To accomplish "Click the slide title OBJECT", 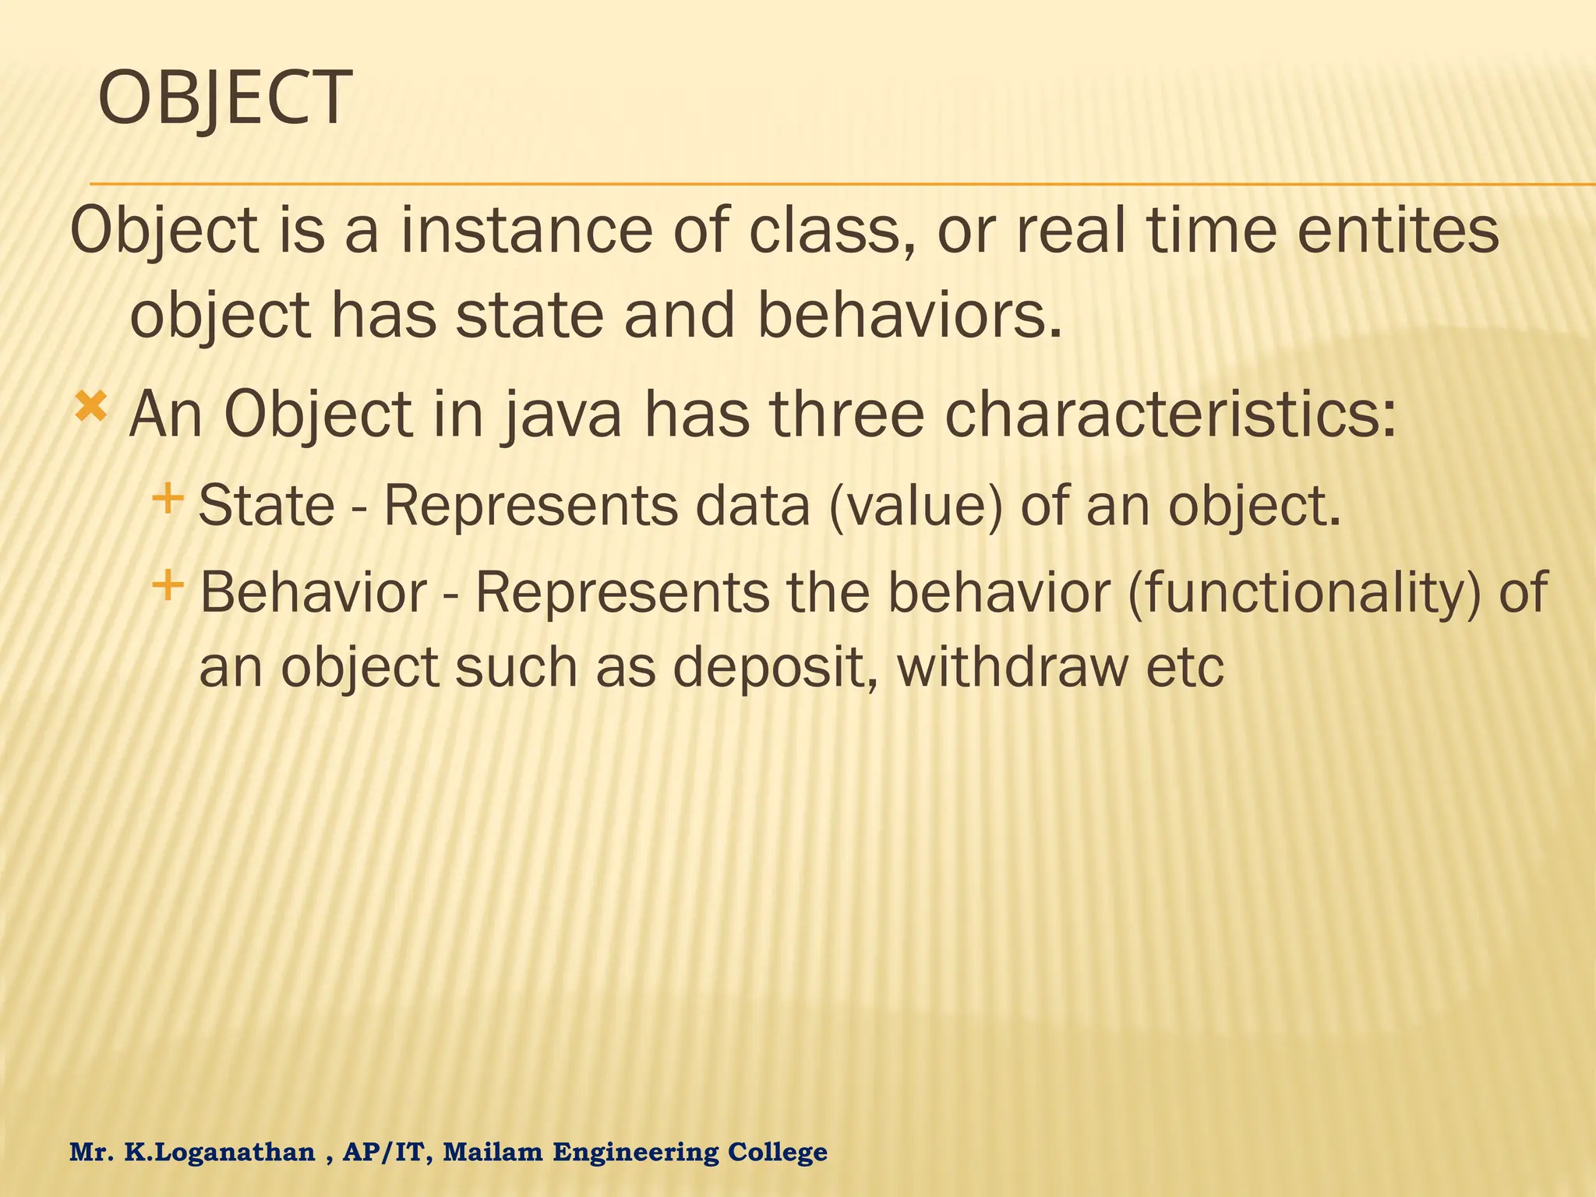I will click(224, 99).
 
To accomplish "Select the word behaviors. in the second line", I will click(909, 317).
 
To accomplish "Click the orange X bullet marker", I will click(90, 408).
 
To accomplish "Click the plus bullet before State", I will click(168, 496).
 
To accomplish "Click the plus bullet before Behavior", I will click(168, 584).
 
